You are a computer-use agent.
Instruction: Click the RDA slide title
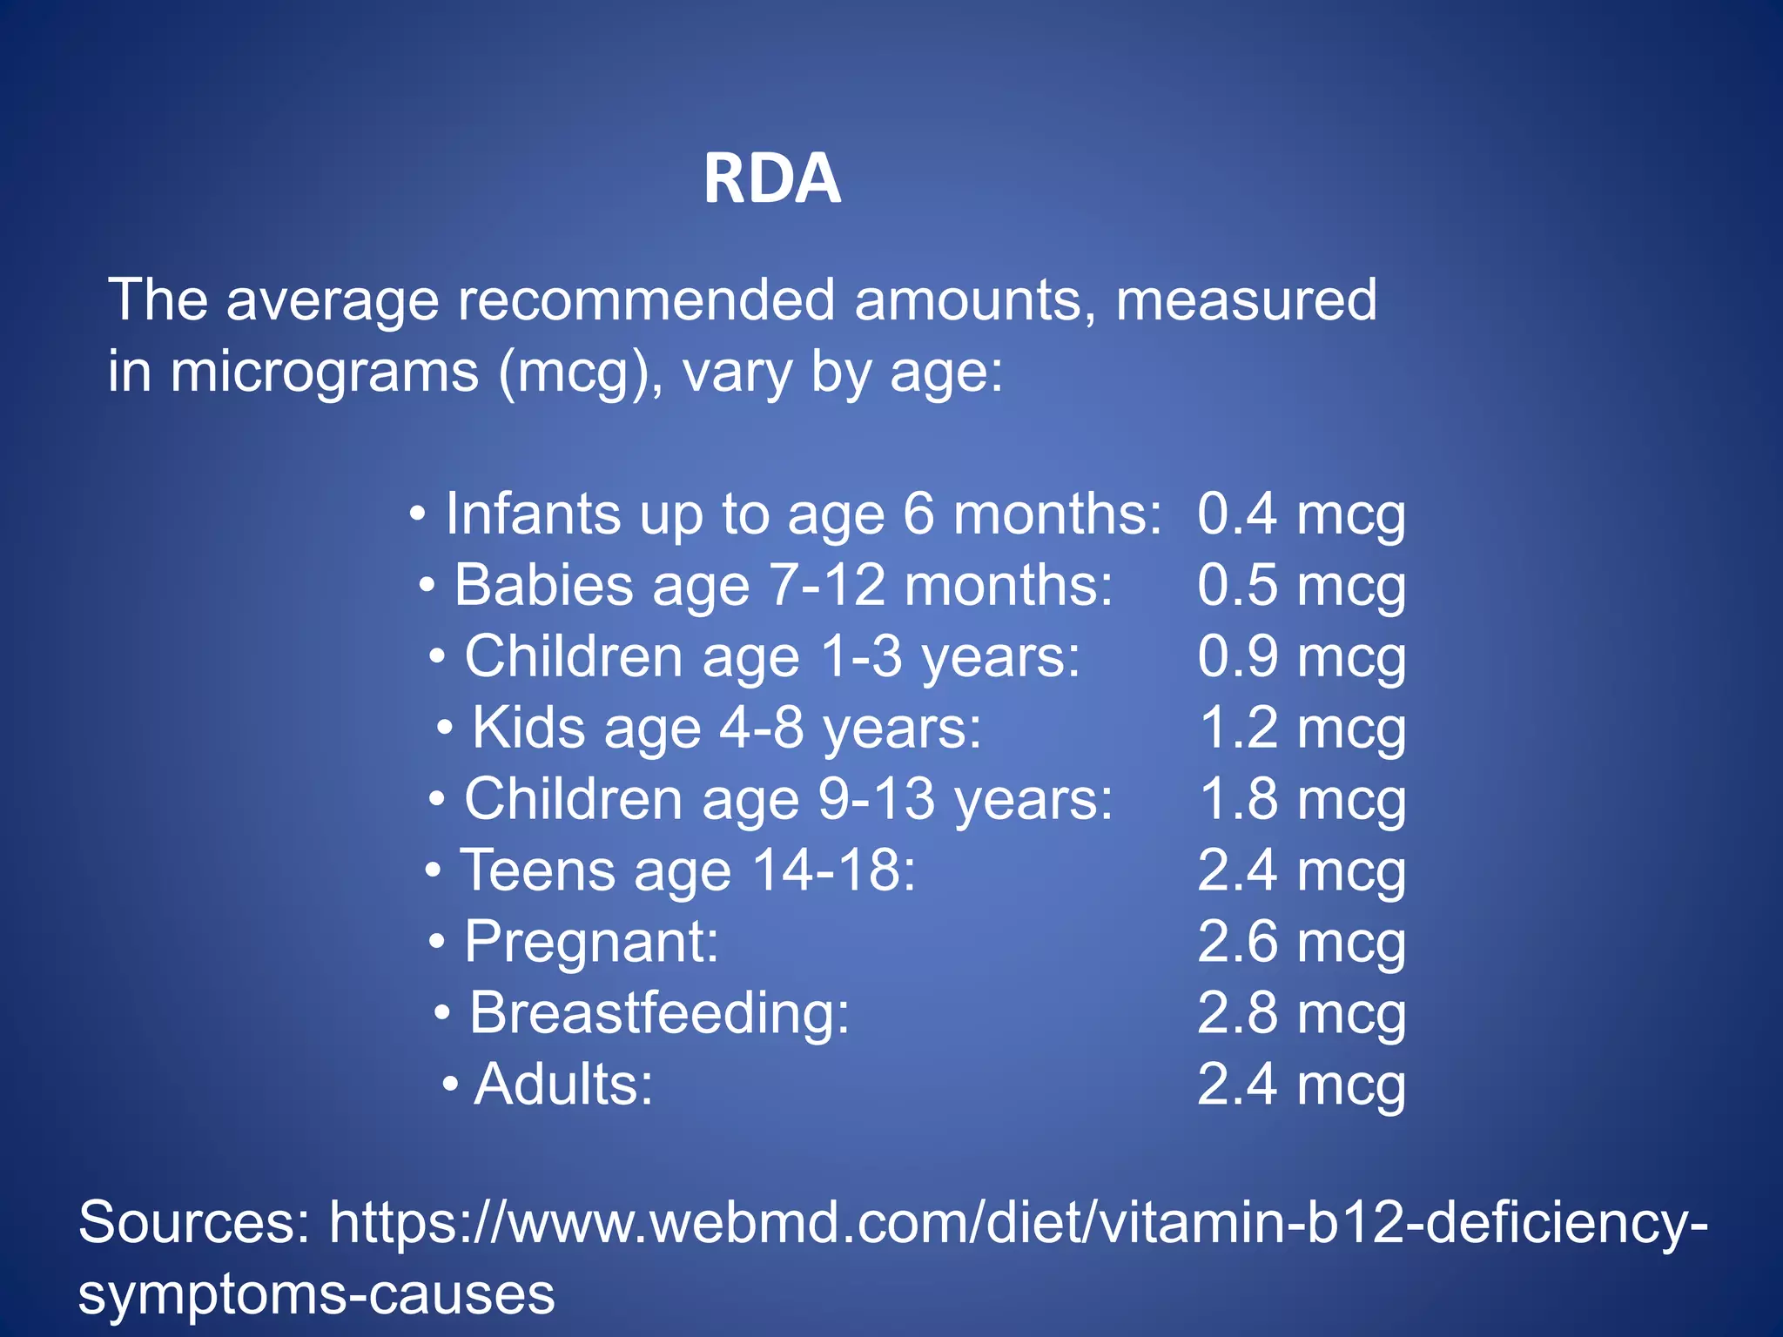point(771,178)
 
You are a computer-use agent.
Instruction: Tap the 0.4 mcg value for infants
point(1301,514)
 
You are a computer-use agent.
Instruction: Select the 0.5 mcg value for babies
point(1301,585)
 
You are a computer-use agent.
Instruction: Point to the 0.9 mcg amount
point(1301,656)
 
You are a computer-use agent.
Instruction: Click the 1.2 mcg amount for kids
point(1301,728)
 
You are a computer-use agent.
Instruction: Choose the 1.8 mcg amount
point(1301,799)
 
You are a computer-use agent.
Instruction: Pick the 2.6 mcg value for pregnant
point(1301,942)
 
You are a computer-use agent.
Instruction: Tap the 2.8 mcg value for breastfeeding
point(1301,1013)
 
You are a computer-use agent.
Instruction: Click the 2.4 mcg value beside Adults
point(1301,1085)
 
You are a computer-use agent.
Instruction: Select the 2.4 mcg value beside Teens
point(1301,870)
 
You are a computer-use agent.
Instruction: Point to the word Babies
point(543,585)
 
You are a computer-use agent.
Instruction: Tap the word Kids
point(528,728)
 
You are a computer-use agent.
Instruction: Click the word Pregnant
point(591,942)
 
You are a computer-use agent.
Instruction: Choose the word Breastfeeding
point(659,1013)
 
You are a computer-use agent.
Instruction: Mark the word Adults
point(562,1085)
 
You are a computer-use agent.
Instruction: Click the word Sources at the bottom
point(194,1222)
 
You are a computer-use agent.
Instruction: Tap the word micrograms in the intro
point(324,373)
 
